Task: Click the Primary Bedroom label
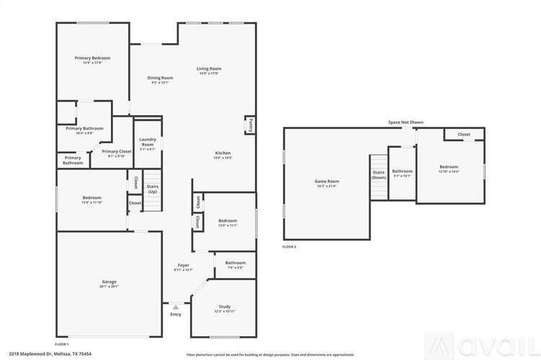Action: coord(92,58)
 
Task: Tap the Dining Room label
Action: coord(160,78)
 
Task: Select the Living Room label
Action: coord(209,69)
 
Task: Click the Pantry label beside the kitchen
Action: coord(251,125)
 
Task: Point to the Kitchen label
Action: coord(223,153)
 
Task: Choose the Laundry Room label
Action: coord(148,142)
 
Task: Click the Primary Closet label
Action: coord(116,151)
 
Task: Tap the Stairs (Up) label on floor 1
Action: coord(153,189)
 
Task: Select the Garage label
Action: coord(109,282)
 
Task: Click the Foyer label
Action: coord(184,265)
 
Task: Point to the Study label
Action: coord(225,307)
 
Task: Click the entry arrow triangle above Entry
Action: coord(175,307)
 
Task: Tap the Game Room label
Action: coord(326,181)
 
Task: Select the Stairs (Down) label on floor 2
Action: coord(379,174)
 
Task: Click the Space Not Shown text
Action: coord(406,122)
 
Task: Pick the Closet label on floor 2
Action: coord(464,134)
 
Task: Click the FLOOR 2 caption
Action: coord(289,247)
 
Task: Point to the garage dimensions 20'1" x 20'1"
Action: coord(109,287)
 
